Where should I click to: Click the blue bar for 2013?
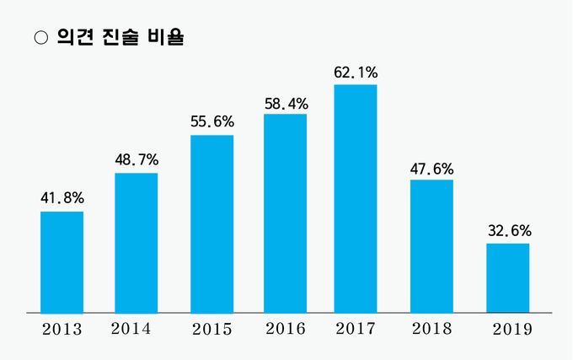62,261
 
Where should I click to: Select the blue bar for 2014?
136,243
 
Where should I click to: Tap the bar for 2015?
212,223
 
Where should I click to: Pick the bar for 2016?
285,213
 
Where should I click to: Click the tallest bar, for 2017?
356,199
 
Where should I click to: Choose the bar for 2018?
431,246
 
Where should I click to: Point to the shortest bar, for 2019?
507,278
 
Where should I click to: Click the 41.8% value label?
62,199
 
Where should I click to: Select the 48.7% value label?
137,160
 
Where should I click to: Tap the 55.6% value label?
212,121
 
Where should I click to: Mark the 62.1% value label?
356,73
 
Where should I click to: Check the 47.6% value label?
431,167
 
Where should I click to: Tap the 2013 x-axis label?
62,329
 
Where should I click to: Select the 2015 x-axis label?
212,329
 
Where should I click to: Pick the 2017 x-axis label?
356,328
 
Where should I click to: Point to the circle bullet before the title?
38,38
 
